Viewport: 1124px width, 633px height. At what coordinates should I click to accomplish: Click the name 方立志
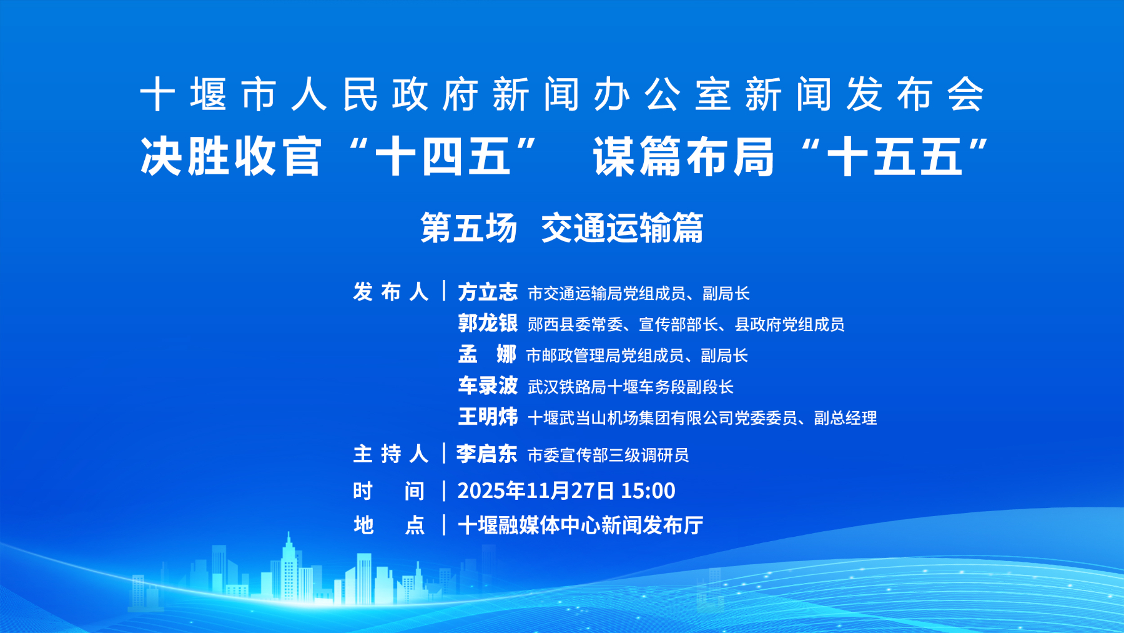[488, 292]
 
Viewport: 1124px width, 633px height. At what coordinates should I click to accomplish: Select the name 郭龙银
[488, 323]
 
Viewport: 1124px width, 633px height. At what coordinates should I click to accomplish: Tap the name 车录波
[488, 386]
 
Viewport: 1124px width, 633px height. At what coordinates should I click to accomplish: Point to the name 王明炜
[488, 417]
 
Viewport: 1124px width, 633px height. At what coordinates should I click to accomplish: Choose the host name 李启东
[486, 454]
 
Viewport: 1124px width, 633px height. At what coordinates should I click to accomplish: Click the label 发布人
[391, 292]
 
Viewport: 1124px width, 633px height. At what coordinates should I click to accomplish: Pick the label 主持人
[391, 454]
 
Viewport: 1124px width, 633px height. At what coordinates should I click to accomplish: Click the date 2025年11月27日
[536, 491]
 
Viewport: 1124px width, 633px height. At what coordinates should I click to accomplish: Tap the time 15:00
[648, 491]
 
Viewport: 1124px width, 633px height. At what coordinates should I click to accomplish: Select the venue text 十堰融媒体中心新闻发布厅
[581, 525]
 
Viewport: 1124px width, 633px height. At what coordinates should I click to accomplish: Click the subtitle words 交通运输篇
[622, 227]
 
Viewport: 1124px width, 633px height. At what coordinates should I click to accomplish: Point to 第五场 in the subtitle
[469, 227]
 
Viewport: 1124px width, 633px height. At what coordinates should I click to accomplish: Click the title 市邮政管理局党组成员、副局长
[637, 356]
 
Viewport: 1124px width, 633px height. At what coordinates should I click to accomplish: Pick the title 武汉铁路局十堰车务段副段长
[631, 387]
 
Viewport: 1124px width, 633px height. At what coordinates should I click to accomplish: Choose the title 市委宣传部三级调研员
[608, 455]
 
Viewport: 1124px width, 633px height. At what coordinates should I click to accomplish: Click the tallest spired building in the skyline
[288, 569]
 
